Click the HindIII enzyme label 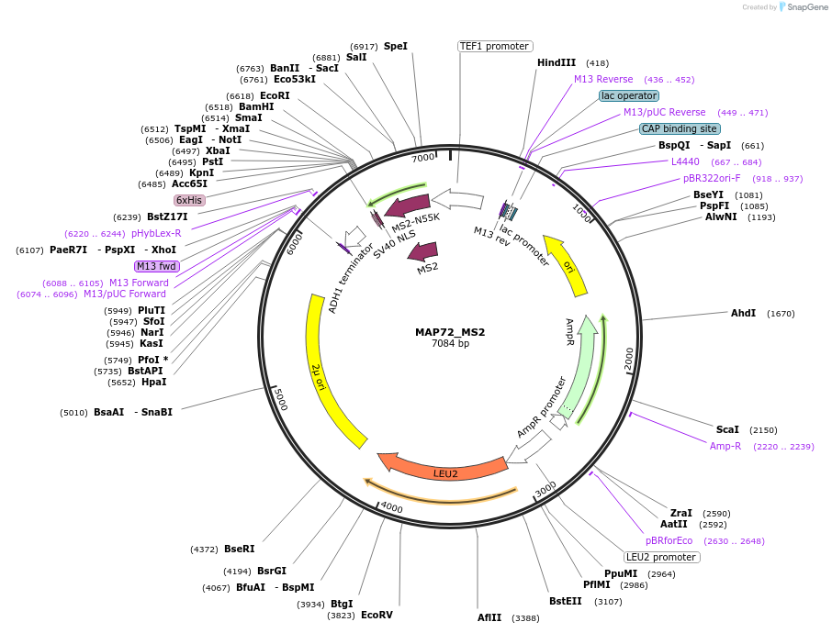click(x=557, y=62)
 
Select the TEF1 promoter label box click(x=494, y=46)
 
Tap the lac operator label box click(x=628, y=95)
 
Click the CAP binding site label click(x=680, y=128)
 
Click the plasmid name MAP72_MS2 click(x=450, y=332)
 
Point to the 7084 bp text click(x=450, y=344)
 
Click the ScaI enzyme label click(x=727, y=429)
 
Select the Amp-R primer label click(x=725, y=446)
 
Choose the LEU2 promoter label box click(x=661, y=557)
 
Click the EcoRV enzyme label click(x=377, y=615)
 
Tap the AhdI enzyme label click(x=743, y=313)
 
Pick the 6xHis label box click(x=189, y=200)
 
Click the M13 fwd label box click(x=156, y=266)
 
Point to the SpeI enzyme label click(x=396, y=46)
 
